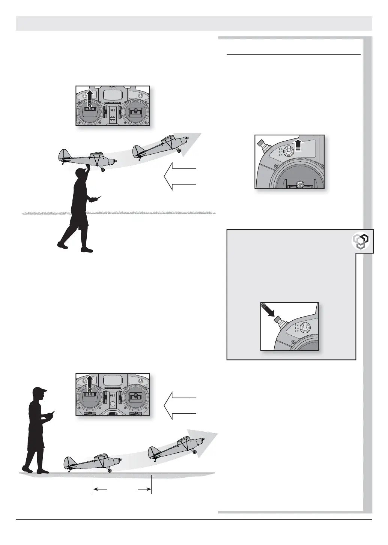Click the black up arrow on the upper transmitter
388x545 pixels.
(90, 97)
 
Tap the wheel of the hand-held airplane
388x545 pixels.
(103, 170)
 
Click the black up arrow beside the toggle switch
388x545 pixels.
(299, 144)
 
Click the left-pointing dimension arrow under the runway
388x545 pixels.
(100, 489)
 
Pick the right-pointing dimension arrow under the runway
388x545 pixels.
(144, 489)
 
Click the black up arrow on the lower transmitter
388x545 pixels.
(90, 384)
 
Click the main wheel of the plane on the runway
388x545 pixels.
(110, 470)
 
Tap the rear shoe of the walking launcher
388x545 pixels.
(62, 246)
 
